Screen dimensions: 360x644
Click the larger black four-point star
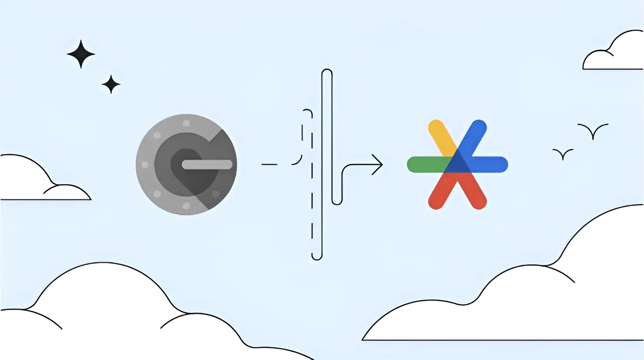[x=81, y=54]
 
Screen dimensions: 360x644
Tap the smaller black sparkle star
[x=111, y=84]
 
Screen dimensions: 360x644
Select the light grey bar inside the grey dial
[x=207, y=165]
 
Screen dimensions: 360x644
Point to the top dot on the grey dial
[x=186, y=123]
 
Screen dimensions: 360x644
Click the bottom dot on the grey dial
[x=186, y=206]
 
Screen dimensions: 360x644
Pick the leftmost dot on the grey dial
[x=145, y=165]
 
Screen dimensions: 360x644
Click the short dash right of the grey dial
[x=269, y=164]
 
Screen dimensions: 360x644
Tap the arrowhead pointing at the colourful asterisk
[x=378, y=165]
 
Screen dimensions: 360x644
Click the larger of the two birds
[x=593, y=131]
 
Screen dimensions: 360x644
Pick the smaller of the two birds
[x=563, y=154]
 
